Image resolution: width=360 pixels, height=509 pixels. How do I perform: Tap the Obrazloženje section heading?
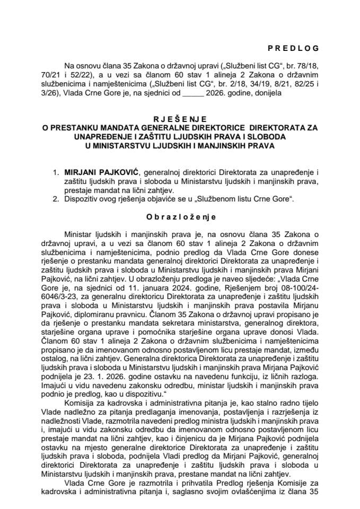pyautogui.click(x=180, y=202)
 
